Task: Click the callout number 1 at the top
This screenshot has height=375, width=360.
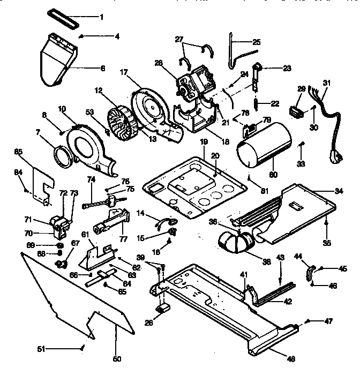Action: point(101,17)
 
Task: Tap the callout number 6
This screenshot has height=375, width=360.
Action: point(102,69)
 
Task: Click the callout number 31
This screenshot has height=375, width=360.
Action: point(327,82)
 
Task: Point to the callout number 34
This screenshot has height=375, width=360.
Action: point(338,191)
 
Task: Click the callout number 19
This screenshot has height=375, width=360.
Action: point(203,142)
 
